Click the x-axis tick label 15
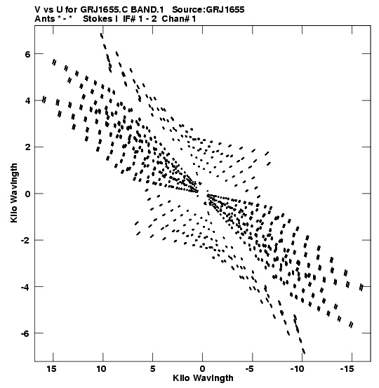point(51,368)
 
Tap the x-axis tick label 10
point(101,368)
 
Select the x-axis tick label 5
point(153,368)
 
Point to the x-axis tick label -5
point(250,368)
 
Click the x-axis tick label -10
point(298,368)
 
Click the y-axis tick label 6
point(27,54)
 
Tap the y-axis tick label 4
point(27,101)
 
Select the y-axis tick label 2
point(27,147)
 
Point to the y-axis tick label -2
point(25,240)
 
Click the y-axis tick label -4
point(25,286)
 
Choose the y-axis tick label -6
point(25,333)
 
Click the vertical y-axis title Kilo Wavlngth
point(14,193)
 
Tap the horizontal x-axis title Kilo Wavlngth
point(203,378)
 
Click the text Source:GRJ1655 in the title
point(208,10)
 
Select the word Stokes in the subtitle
point(97,19)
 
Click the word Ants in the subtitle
point(44,19)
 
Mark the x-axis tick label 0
point(203,368)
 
